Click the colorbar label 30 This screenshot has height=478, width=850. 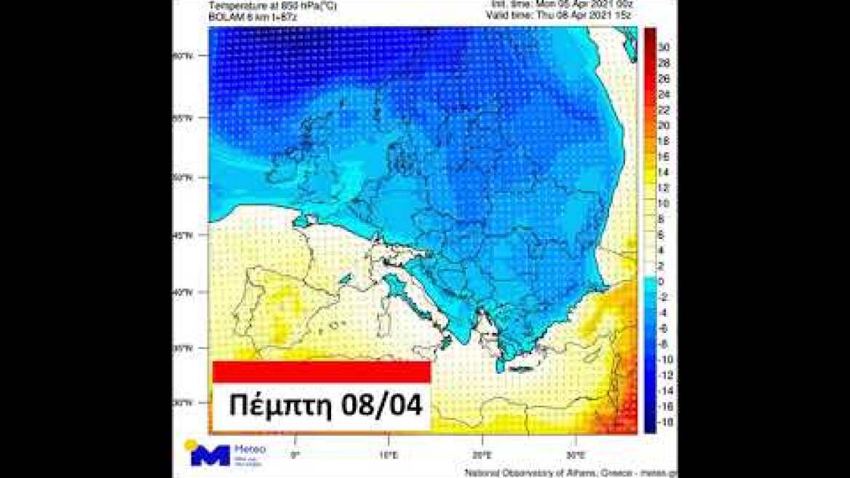click(x=664, y=46)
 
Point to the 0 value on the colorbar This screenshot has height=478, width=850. click(x=660, y=281)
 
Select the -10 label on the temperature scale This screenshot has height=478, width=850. click(x=664, y=360)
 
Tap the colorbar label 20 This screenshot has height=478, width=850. click(x=664, y=125)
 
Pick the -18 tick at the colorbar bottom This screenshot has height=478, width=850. click(x=664, y=423)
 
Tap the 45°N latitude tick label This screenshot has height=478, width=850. click(x=183, y=235)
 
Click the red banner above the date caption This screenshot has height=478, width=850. click(x=322, y=372)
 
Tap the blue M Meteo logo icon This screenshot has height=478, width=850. click(x=210, y=455)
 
